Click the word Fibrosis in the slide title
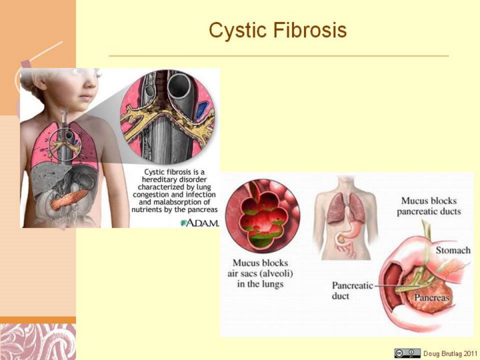310,30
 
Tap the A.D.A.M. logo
200,223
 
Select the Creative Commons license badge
407,353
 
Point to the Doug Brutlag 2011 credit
450,353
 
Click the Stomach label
453,251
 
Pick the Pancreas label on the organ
431,297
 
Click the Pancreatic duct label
353,291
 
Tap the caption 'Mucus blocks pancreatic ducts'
429,206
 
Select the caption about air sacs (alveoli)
260,273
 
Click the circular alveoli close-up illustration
263,216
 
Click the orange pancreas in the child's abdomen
69,199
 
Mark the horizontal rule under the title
279,56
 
